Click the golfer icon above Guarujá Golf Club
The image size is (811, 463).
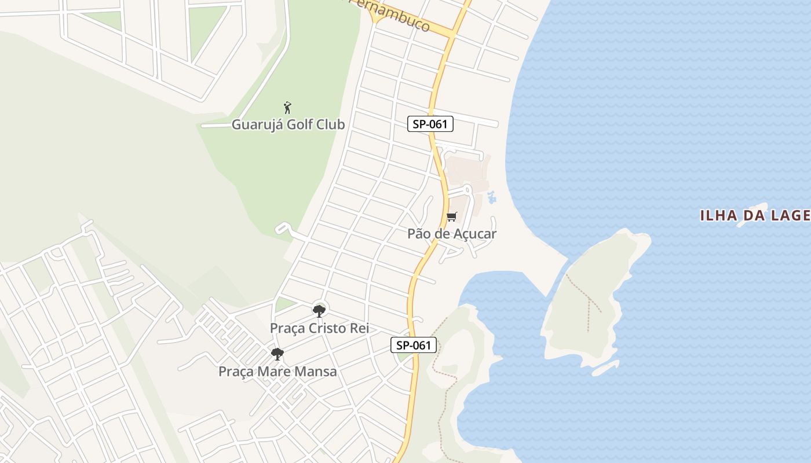pyautogui.click(x=287, y=108)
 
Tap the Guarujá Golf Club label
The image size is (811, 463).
pyautogui.click(x=288, y=124)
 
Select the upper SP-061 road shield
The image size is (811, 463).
pyautogui.click(x=430, y=124)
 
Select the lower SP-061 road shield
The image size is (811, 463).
pyautogui.click(x=413, y=346)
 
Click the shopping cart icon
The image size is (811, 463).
pyautogui.click(x=451, y=217)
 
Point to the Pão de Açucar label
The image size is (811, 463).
pyautogui.click(x=452, y=234)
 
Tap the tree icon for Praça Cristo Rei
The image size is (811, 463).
pyautogui.click(x=319, y=311)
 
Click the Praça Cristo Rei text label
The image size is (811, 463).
pyautogui.click(x=319, y=328)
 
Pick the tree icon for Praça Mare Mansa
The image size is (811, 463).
pyautogui.click(x=277, y=354)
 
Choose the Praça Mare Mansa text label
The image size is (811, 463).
pyautogui.click(x=277, y=372)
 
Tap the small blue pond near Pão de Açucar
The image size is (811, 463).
pyautogui.click(x=492, y=197)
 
